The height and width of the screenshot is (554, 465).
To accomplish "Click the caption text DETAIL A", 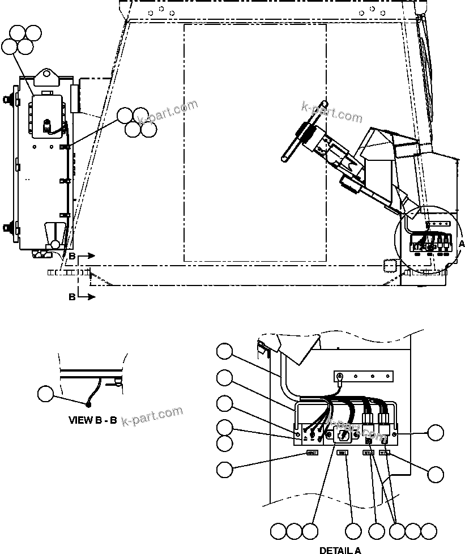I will (340, 549).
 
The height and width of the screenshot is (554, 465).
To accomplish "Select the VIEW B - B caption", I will (92, 420).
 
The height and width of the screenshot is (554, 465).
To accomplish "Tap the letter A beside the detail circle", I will (460, 243).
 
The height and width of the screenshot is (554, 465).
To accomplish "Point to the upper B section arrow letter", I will (72, 257).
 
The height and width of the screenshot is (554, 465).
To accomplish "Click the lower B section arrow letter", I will (72, 296).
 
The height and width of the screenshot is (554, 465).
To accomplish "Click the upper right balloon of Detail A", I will (435, 433).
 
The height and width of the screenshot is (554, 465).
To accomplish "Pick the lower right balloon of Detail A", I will (435, 475).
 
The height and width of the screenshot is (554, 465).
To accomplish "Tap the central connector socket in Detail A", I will (343, 435).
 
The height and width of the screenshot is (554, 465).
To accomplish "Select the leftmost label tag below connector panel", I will (312, 453).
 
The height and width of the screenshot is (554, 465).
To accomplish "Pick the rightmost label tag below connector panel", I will (385, 453).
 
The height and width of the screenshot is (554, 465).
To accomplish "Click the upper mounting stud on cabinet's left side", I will (10, 100).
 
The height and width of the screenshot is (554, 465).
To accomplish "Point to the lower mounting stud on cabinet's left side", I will (10, 229).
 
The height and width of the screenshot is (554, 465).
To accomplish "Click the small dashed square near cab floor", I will (389, 266).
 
